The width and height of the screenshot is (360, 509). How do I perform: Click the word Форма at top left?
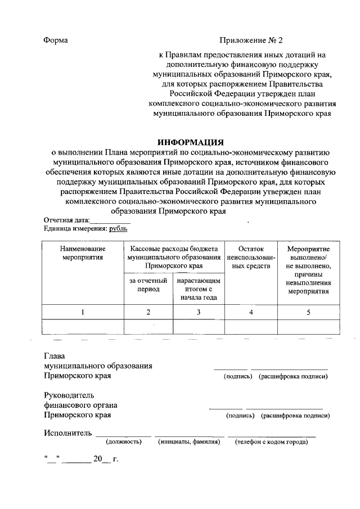coord(56,40)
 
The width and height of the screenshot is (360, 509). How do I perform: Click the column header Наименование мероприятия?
coord(83,253)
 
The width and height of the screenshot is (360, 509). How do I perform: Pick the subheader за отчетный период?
coord(148,285)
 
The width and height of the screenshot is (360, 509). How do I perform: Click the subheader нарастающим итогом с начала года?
coord(199,289)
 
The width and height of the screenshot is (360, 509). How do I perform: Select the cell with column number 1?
coord(83,312)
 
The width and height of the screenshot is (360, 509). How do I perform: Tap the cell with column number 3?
coord(199,312)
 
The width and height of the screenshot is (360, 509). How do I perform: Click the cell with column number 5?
coord(308,312)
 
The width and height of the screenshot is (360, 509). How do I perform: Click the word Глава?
coord(55,356)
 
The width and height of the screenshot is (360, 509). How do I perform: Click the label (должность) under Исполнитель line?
coord(123,442)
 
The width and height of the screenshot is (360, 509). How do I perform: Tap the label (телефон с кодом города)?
coord(271,442)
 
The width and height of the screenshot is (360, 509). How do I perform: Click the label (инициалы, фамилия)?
coord(188,442)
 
